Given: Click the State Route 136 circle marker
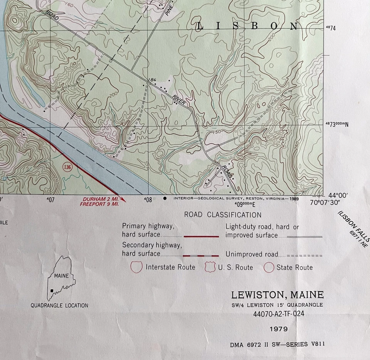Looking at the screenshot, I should coord(68,167).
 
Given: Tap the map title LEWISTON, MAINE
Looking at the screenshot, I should coord(277,295).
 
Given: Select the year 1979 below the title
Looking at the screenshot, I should coord(279,330).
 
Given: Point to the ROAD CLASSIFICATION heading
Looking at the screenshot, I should coord(222,215).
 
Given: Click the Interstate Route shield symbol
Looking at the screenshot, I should coord(137,267).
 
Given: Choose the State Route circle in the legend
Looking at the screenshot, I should coord(269,267).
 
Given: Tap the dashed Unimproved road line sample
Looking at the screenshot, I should coord(304,255).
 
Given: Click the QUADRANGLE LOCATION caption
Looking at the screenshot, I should coord(59,306).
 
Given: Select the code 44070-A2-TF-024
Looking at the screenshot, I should coord(279,314).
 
